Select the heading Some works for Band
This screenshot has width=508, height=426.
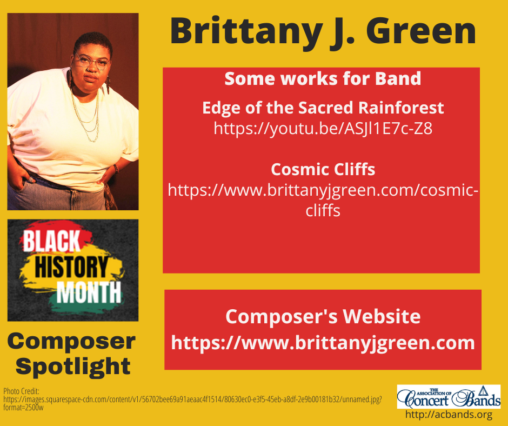tap(323, 79)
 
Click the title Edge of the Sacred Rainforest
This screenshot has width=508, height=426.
tap(323, 108)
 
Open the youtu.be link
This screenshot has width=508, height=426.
tap(323, 129)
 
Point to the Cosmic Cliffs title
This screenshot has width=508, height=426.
tap(323, 169)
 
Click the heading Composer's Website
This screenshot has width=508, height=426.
tap(323, 316)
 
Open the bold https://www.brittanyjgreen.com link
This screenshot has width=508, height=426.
tap(323, 342)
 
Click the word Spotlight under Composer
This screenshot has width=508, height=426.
tap(73, 366)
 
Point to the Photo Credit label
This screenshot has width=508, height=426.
tap(18, 390)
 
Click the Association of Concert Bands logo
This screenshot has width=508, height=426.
tap(449, 396)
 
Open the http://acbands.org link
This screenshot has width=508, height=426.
tap(449, 415)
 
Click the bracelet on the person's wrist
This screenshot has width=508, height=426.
tap(116, 168)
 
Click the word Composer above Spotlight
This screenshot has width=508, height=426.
tap(71, 341)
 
